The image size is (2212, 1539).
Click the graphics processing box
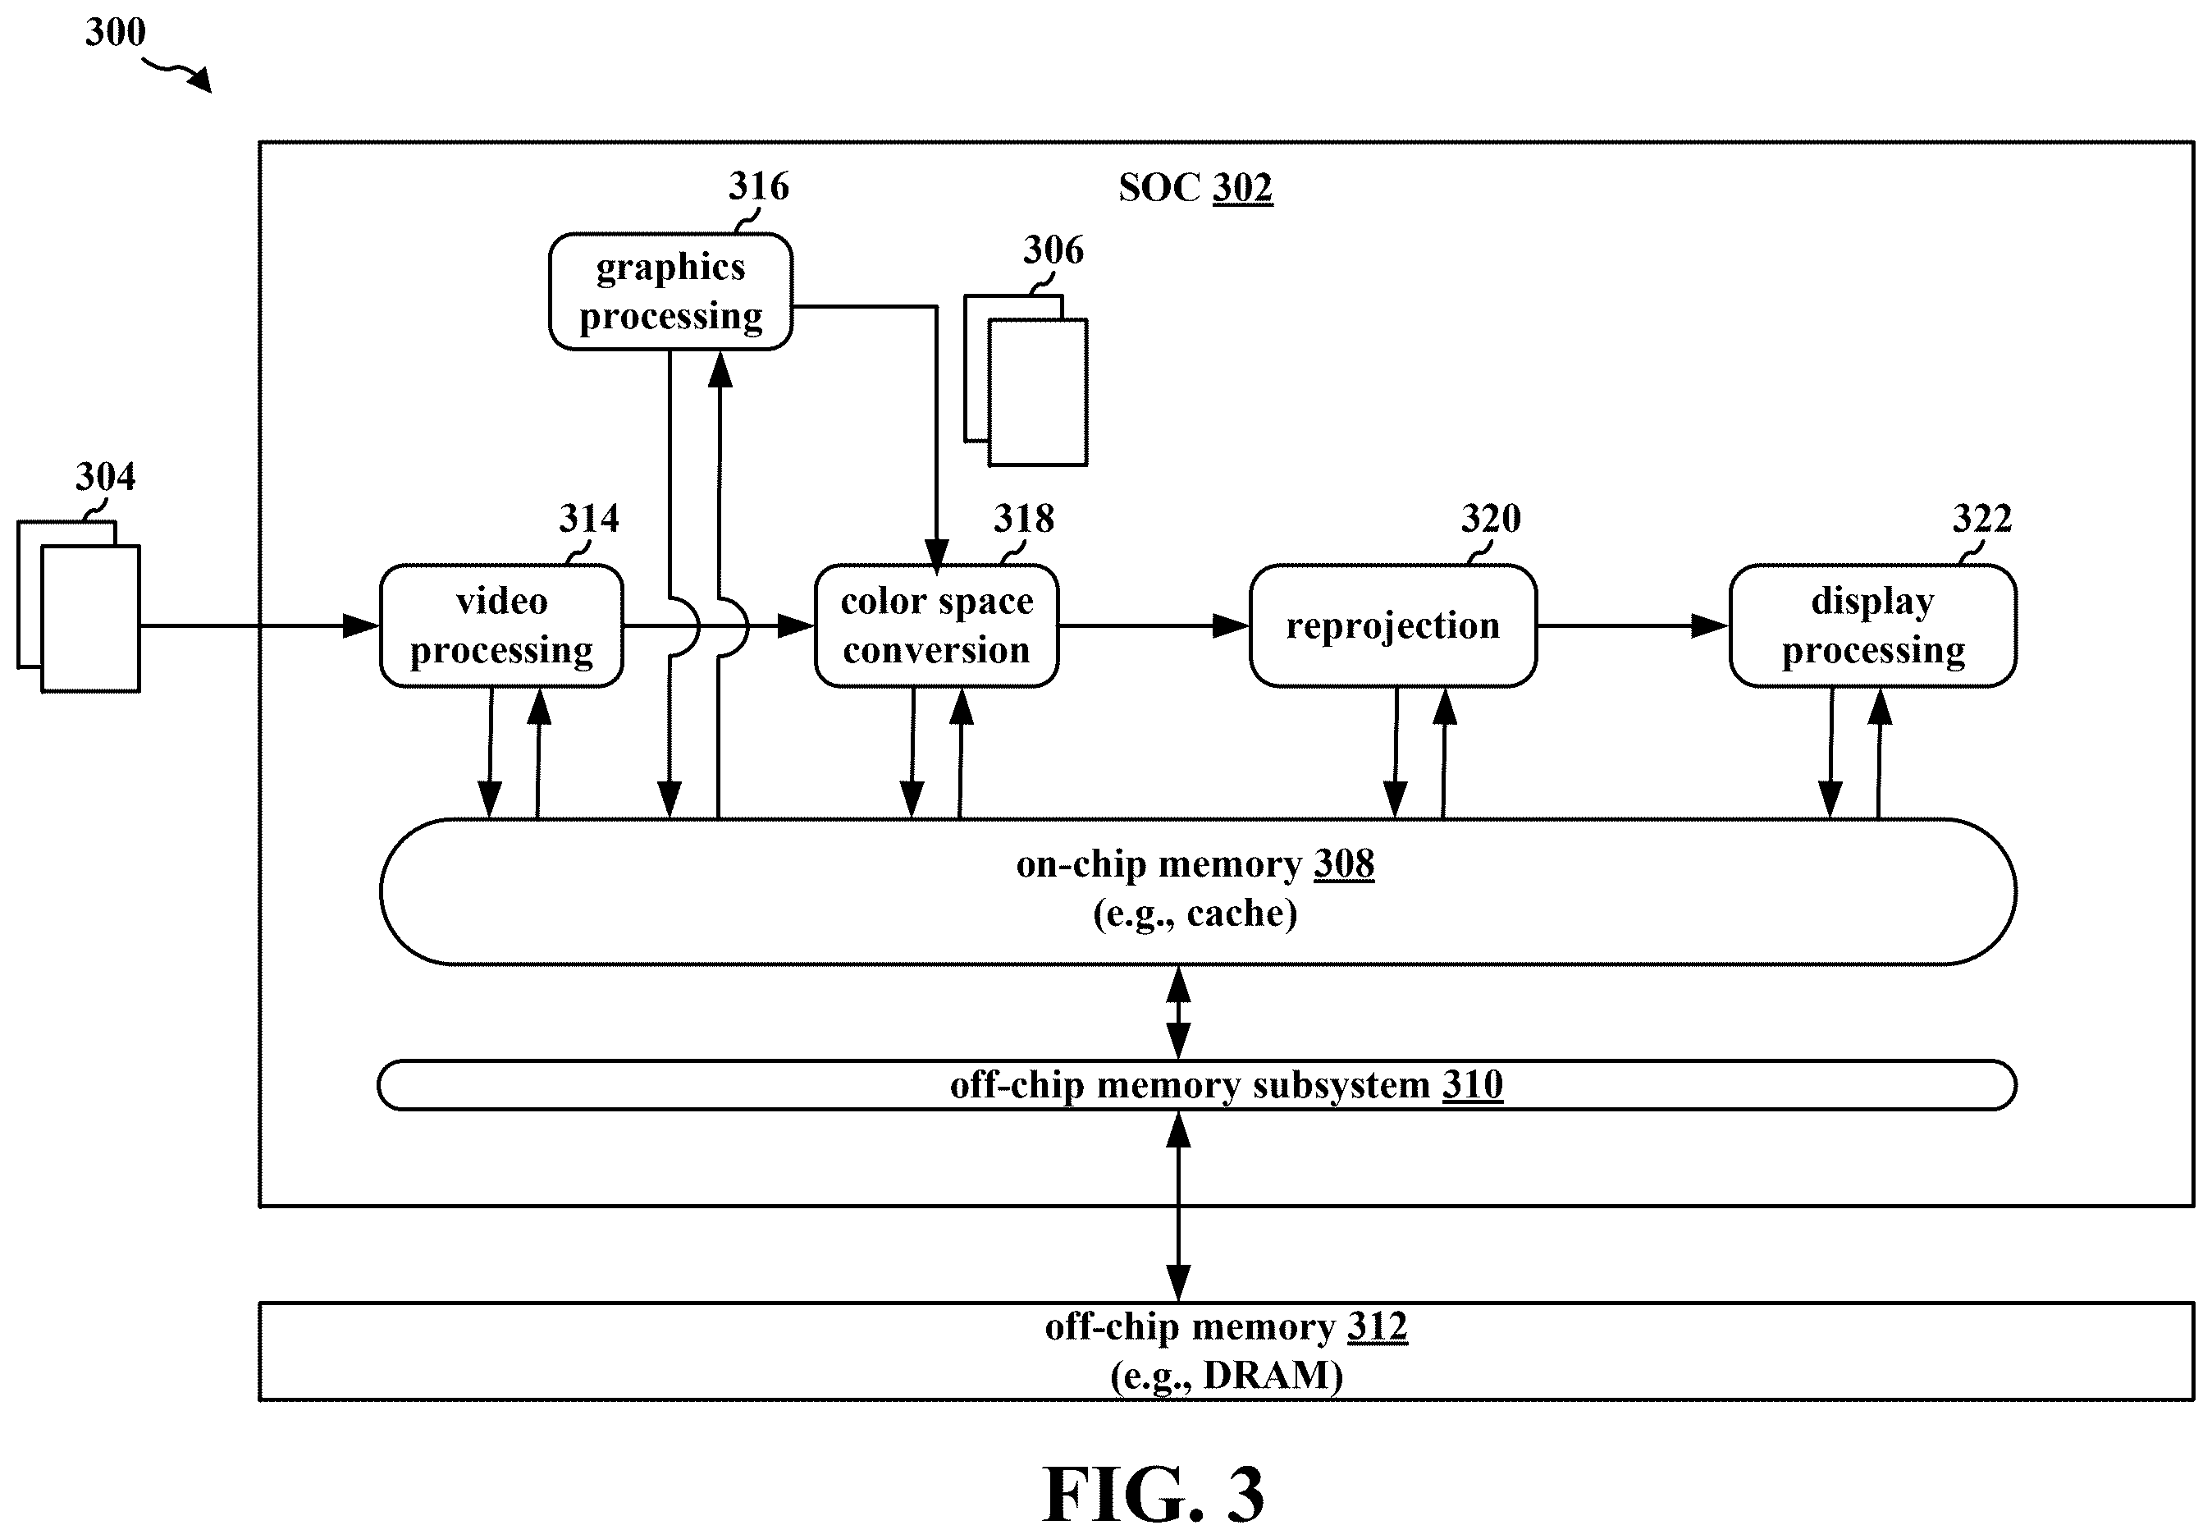(x=670, y=291)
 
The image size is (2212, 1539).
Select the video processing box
(x=501, y=625)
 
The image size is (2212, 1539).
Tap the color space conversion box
(x=936, y=625)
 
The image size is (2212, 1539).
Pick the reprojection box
(x=1393, y=625)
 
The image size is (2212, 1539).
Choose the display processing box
(x=1873, y=625)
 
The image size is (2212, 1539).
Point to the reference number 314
(x=588, y=520)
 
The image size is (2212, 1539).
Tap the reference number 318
(x=1024, y=520)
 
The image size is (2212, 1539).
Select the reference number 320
(x=1492, y=520)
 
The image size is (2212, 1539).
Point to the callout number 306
(x=1053, y=250)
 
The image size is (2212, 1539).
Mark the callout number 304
(x=106, y=477)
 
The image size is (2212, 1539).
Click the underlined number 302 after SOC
(x=1243, y=188)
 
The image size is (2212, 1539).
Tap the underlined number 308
(x=1344, y=864)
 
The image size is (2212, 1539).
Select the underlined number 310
(x=1472, y=1085)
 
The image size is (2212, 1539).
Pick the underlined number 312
(x=1377, y=1327)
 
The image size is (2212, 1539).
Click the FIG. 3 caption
(x=1154, y=1494)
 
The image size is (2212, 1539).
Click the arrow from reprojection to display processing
(x=1633, y=626)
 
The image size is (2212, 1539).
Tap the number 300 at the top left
(x=116, y=33)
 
